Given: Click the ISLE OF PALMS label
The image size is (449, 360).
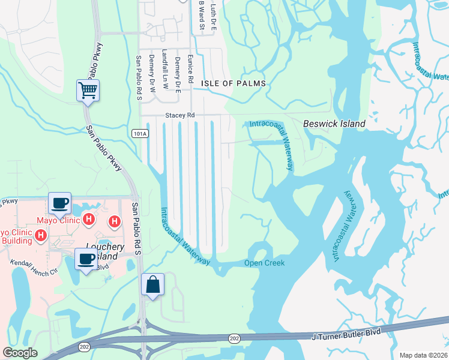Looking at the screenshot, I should pyautogui.click(x=234, y=84).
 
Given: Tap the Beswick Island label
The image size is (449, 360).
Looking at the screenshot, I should pyautogui.click(x=334, y=124).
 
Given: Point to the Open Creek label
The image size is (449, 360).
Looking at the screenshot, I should pyautogui.click(x=264, y=263).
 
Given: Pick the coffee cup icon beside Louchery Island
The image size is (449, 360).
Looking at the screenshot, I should pyautogui.click(x=86, y=259).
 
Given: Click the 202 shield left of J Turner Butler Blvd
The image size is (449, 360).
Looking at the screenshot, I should pyautogui.click(x=234, y=339).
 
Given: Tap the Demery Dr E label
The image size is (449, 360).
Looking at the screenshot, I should pyautogui.click(x=178, y=74).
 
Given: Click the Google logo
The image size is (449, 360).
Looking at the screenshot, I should pyautogui.click(x=20, y=353).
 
